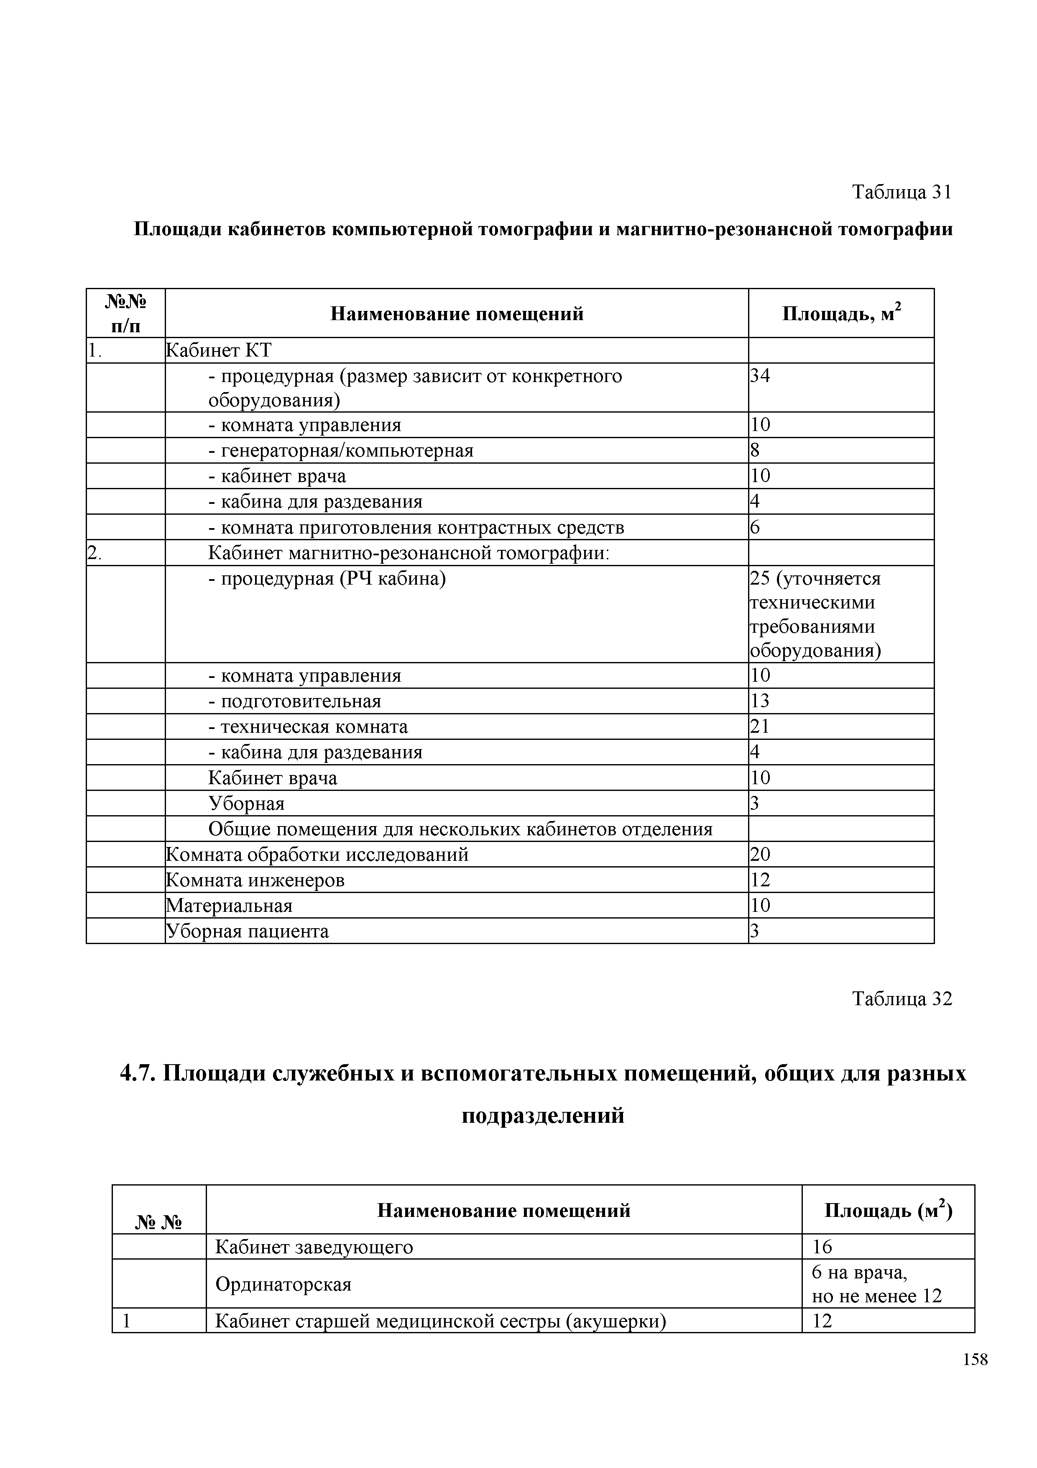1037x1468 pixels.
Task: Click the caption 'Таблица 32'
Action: (x=902, y=999)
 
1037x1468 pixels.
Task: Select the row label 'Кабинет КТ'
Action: (x=219, y=350)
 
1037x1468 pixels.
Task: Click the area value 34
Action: (x=760, y=376)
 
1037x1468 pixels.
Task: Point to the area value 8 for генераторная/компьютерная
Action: (x=755, y=451)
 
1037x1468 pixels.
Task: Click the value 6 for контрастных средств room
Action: (x=755, y=527)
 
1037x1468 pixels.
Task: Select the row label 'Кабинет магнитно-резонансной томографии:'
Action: (x=409, y=553)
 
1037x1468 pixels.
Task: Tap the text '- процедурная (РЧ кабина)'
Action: (x=327, y=579)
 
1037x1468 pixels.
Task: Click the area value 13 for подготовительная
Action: (x=760, y=701)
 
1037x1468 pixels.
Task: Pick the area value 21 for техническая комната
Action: (x=760, y=727)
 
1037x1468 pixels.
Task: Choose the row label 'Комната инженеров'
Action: (x=255, y=880)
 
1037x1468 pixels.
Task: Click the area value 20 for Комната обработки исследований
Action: (x=760, y=855)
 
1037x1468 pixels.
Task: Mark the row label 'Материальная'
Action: (x=229, y=906)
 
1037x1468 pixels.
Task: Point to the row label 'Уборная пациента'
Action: (x=247, y=932)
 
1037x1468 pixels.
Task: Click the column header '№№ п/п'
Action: (x=126, y=313)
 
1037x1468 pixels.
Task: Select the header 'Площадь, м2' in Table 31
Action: (x=841, y=313)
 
